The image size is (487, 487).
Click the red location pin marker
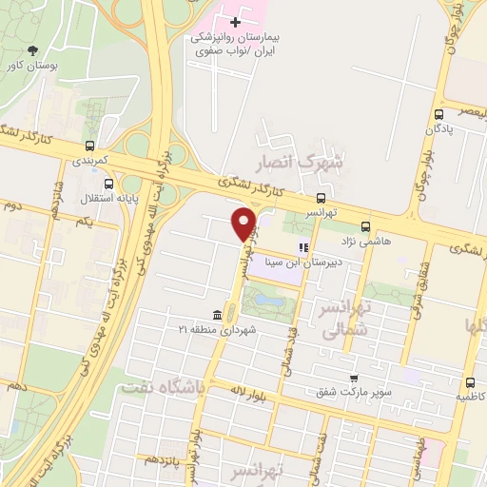(x=244, y=224)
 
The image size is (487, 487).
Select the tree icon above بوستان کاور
(x=33, y=50)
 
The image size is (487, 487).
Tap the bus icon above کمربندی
(x=89, y=146)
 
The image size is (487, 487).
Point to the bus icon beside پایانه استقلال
(x=108, y=184)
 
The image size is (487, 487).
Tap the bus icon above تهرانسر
(x=321, y=199)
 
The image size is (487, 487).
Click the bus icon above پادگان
(x=440, y=112)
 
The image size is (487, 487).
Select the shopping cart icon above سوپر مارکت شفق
(x=353, y=378)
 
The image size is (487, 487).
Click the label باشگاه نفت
(x=158, y=388)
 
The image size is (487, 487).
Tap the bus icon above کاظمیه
(x=468, y=379)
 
